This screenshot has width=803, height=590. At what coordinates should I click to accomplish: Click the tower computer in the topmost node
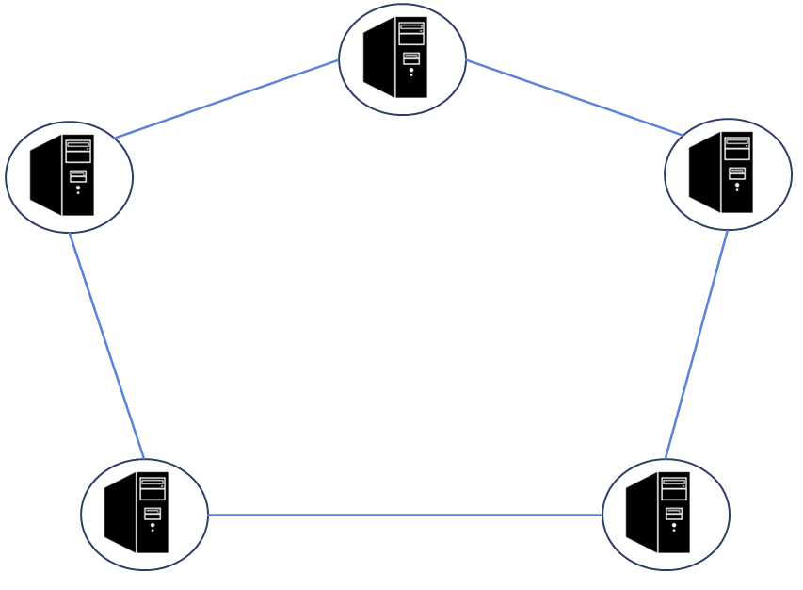[x=396, y=57]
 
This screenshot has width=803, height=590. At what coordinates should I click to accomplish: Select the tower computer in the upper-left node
[x=63, y=175]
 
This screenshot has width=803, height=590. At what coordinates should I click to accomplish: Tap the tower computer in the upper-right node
[x=722, y=172]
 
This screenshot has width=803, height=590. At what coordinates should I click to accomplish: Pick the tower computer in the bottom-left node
[x=137, y=513]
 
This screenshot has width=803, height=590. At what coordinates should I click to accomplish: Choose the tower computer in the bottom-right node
[x=659, y=513]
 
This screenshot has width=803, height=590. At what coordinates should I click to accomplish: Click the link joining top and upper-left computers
[x=226, y=99]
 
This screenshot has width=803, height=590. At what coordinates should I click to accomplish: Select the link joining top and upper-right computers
[x=574, y=97]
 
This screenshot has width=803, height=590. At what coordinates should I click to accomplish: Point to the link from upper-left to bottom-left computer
[x=106, y=346]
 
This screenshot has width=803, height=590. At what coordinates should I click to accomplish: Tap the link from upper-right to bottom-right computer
[x=697, y=344]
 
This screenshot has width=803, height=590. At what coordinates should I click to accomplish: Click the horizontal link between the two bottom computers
[x=405, y=515]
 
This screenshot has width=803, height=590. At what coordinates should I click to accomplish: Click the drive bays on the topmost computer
[x=411, y=33]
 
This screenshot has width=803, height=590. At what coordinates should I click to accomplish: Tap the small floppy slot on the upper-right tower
[x=737, y=172]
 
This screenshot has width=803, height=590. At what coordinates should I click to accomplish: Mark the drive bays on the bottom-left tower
[x=153, y=488]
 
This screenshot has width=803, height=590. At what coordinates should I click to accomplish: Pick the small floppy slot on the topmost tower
[x=411, y=58]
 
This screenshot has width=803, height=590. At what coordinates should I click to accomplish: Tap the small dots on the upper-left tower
[x=78, y=189]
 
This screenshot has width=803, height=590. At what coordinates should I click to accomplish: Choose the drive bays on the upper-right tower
[x=737, y=148]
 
